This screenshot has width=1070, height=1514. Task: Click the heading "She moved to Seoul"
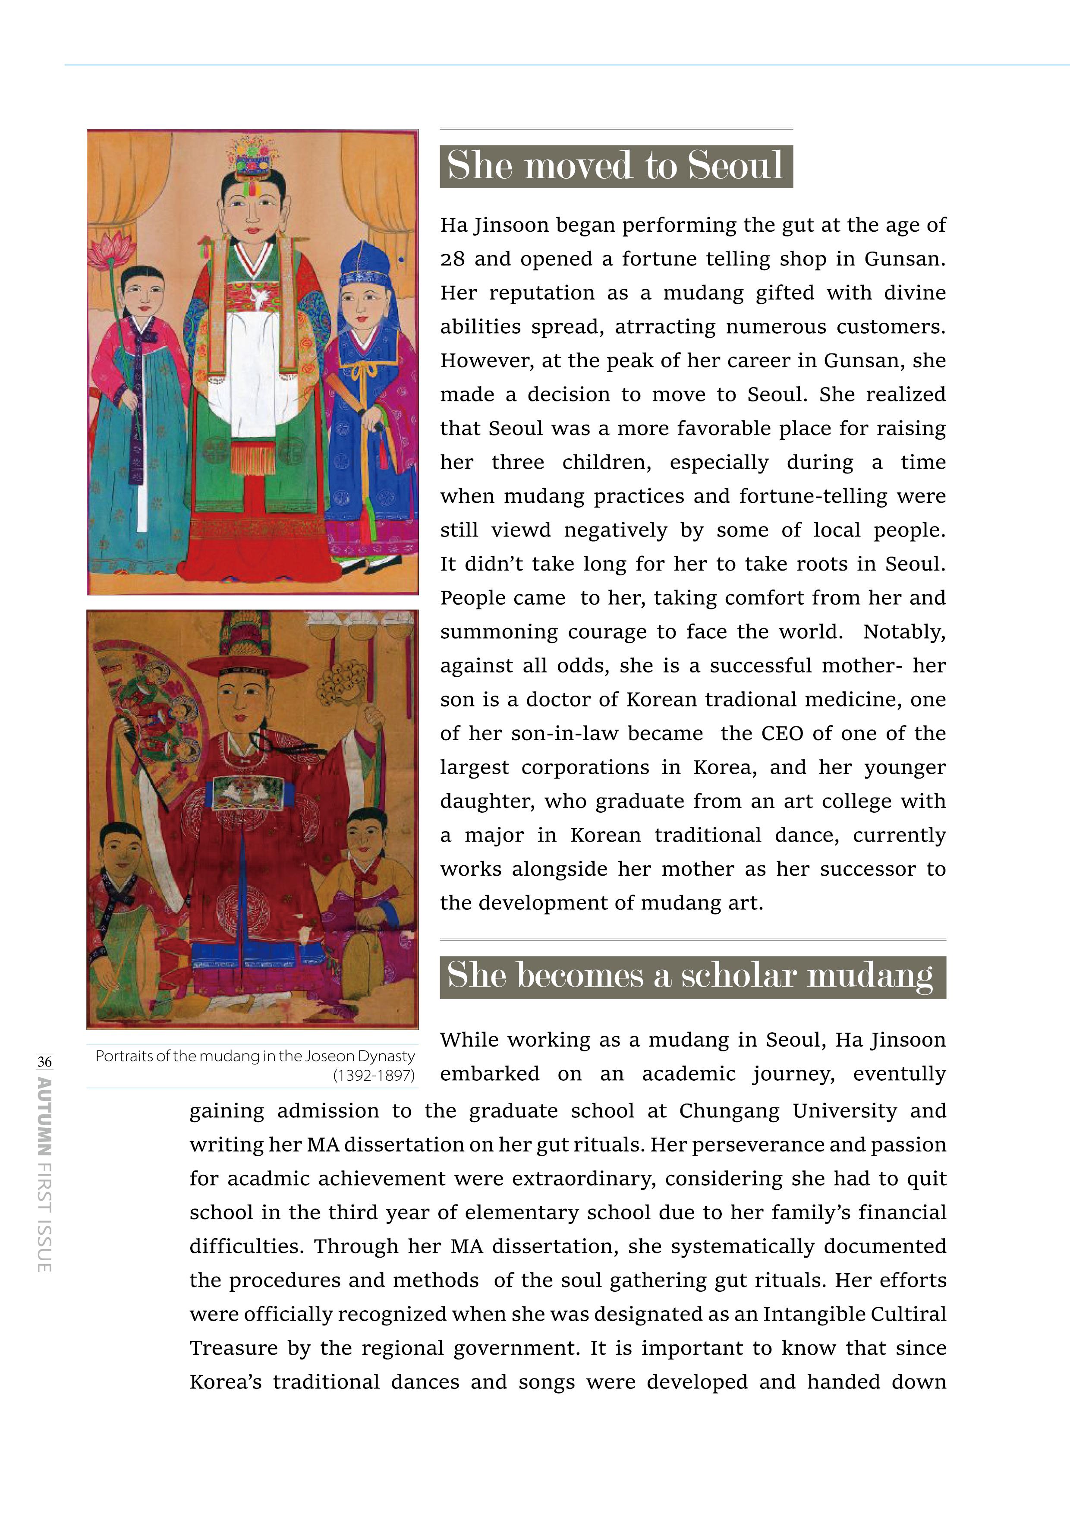[615, 165]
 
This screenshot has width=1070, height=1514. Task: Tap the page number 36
[44, 1062]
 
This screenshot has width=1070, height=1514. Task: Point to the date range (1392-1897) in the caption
[374, 1076]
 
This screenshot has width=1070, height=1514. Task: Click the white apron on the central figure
[252, 369]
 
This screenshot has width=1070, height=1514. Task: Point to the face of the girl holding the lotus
[144, 291]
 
